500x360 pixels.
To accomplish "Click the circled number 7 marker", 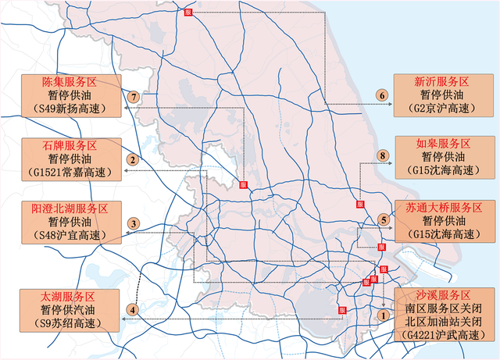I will click(x=134, y=97).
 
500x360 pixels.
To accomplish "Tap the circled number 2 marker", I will click(x=134, y=160).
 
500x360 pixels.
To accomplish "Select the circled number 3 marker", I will click(x=134, y=224).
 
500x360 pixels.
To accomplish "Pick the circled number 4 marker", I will click(x=134, y=310).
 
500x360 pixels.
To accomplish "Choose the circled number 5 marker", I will click(x=383, y=219).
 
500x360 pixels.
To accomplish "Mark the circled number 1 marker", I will click(x=383, y=315).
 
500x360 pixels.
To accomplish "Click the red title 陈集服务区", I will click(x=68, y=82).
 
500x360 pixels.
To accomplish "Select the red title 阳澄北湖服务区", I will click(x=68, y=209).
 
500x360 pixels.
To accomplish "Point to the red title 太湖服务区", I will click(x=68, y=297).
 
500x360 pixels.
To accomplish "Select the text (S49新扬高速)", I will click(x=68, y=109).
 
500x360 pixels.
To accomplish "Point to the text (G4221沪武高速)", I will click(x=442, y=335).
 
